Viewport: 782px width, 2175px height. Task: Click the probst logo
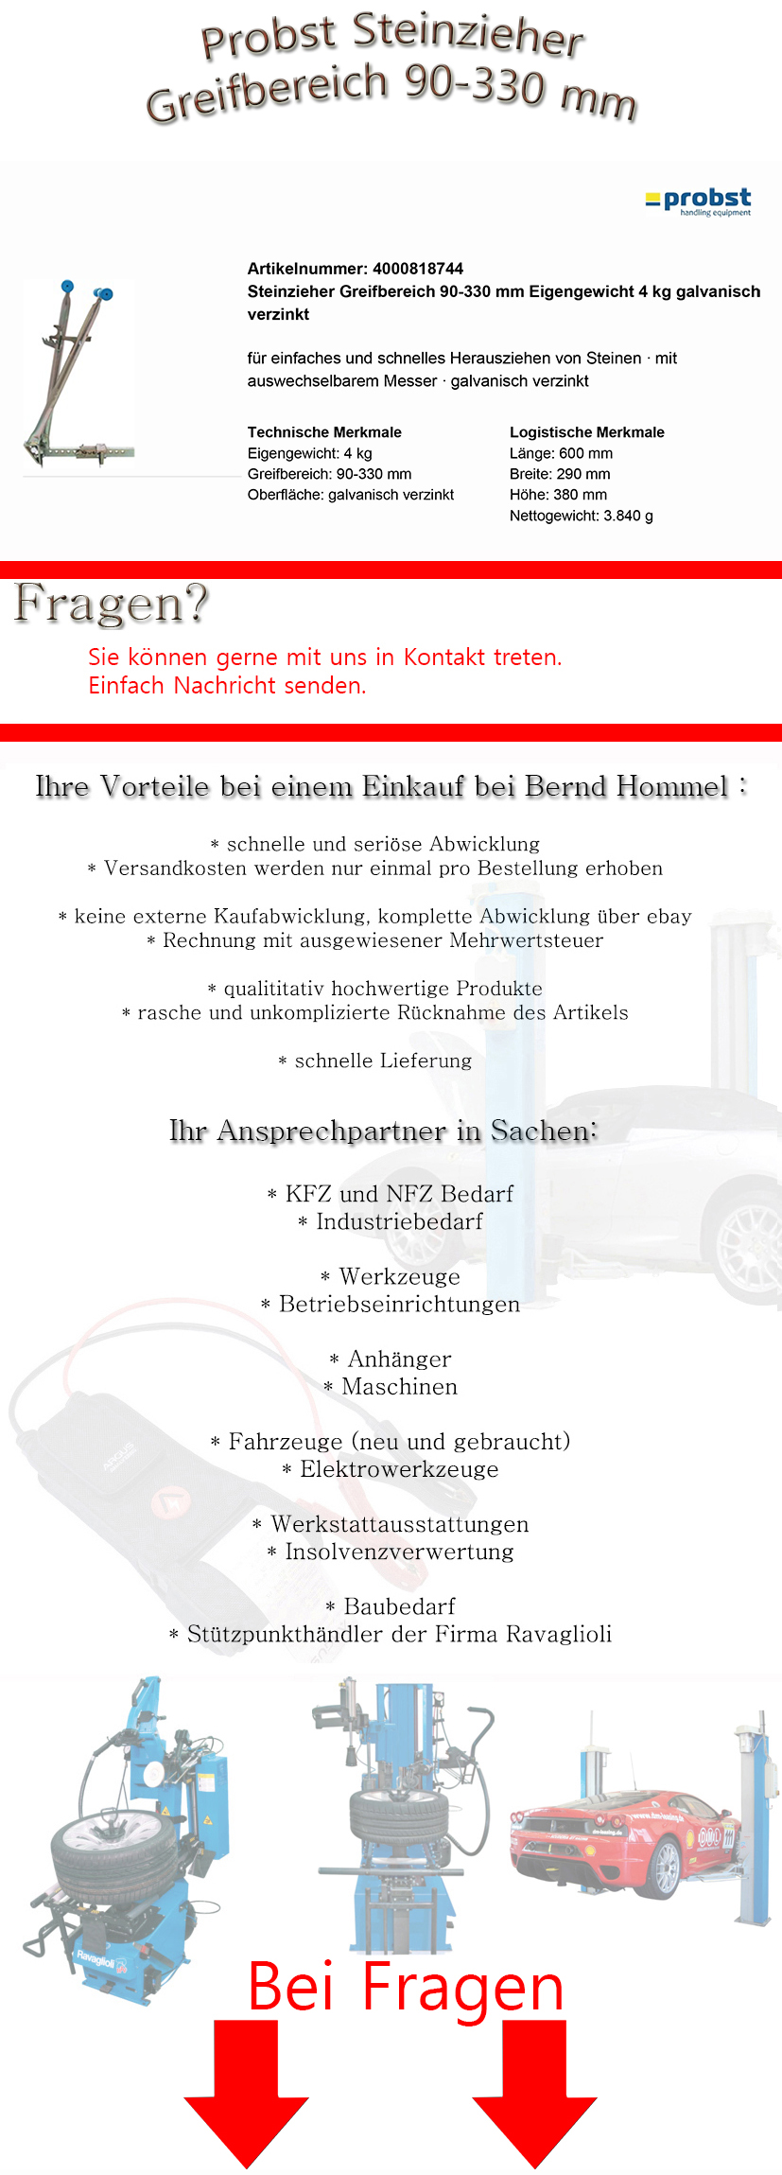(699, 202)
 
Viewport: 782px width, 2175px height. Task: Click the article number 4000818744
(417, 269)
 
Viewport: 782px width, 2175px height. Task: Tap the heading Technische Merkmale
(324, 432)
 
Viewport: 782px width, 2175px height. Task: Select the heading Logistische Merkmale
(586, 432)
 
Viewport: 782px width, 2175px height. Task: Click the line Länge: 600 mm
(561, 453)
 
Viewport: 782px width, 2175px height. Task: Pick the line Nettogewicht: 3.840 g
(581, 516)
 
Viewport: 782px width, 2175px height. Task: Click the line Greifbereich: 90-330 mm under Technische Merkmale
(329, 474)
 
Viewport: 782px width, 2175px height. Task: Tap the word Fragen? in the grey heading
(111, 604)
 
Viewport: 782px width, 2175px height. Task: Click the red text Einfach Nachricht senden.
(227, 686)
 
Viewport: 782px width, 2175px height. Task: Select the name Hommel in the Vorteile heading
(672, 787)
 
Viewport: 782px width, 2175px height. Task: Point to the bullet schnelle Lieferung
(382, 1061)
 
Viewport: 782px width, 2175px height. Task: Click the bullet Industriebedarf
(398, 1222)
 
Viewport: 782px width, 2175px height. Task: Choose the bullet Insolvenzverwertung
(398, 1552)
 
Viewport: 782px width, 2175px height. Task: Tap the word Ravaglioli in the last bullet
(558, 1635)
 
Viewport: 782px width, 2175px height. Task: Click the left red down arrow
(246, 2091)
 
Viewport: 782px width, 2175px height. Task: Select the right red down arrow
(534, 2091)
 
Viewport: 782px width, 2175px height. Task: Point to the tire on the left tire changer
(113, 1854)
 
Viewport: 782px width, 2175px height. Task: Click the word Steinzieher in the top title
(468, 35)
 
